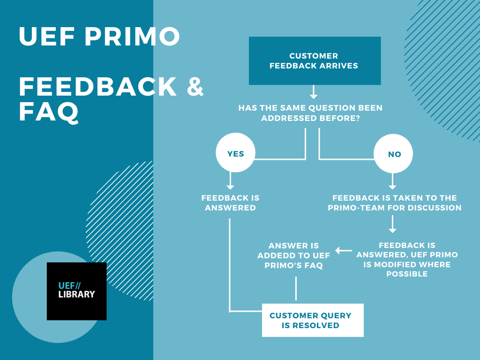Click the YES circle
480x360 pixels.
pyautogui.click(x=235, y=152)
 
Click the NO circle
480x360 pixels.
pyautogui.click(x=393, y=153)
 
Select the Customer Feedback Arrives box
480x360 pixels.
pyautogui.click(x=315, y=60)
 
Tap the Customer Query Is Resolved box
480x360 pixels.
pyautogui.click(x=313, y=320)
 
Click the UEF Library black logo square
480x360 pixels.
pyautogui.click(x=76, y=291)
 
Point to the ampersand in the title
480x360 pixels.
pyautogui.click(x=195, y=87)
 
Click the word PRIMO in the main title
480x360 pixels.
pyautogui.click(x=132, y=37)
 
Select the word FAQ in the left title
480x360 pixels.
pyautogui.click(x=49, y=112)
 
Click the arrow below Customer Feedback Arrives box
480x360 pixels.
pyautogui.click(x=313, y=92)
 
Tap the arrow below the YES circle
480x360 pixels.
pyautogui.click(x=230, y=180)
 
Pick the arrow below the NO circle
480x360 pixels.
pyautogui.click(x=392, y=181)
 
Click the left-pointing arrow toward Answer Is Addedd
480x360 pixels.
pyautogui.click(x=344, y=251)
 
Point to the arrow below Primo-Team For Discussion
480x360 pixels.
pyautogui.click(x=392, y=224)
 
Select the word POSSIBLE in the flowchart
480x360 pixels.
pyautogui.click(x=407, y=274)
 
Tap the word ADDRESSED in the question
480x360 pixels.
pyautogui.click(x=289, y=118)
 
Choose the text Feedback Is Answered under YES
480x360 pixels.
pyautogui.click(x=230, y=202)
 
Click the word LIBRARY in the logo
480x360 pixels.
pyautogui.click(x=76, y=294)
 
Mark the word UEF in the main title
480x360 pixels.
pyautogui.click(x=47, y=37)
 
